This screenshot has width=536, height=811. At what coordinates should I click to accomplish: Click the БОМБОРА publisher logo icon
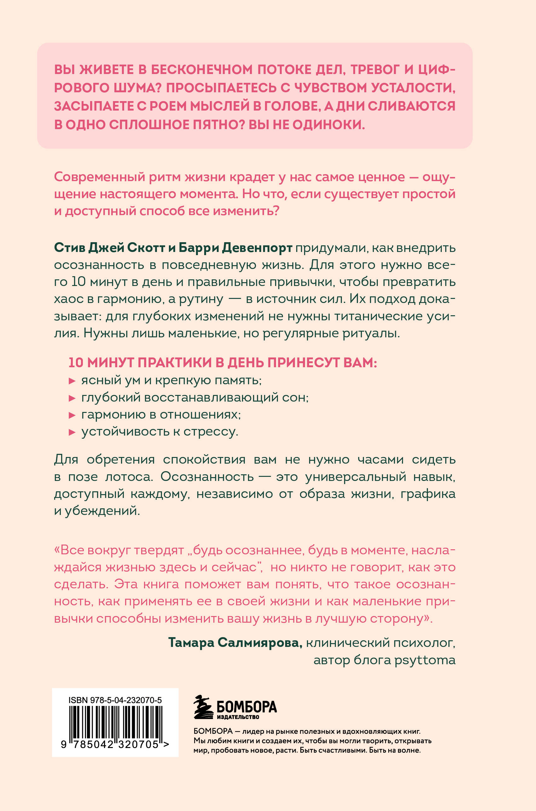point(203,707)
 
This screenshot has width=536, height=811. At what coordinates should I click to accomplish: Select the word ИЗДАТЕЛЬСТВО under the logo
point(238,717)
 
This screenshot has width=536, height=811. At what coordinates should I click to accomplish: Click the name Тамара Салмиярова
point(235,643)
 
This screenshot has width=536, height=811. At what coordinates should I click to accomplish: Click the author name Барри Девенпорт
point(235,247)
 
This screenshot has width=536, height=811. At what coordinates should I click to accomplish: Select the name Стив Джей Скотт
point(109,247)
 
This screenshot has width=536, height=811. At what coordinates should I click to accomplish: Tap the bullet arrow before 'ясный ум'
point(72,381)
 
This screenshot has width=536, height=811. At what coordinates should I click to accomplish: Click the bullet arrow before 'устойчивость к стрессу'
point(72,432)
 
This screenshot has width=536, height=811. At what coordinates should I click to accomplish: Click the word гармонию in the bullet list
point(108,415)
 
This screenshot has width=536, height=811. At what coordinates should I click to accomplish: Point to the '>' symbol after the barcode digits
point(166,744)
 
